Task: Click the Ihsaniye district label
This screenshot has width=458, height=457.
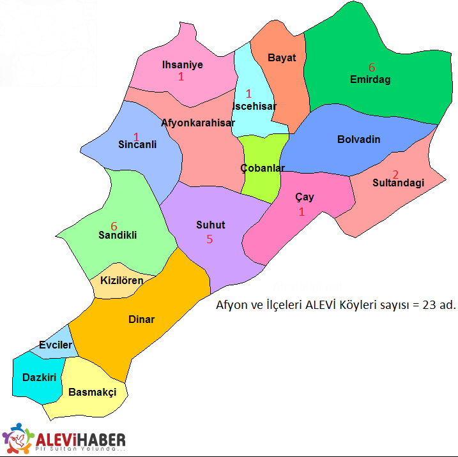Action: pyautogui.click(x=182, y=64)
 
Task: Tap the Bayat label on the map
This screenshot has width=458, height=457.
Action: pyautogui.click(x=282, y=57)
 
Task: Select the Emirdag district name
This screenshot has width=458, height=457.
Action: pyautogui.click(x=370, y=80)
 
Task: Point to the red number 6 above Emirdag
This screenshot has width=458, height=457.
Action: pyautogui.click(x=372, y=67)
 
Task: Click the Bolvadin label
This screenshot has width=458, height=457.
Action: pyautogui.click(x=358, y=139)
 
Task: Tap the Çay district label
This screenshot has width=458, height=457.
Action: pyautogui.click(x=305, y=197)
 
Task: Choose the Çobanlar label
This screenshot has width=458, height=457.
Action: pyautogui.click(x=263, y=168)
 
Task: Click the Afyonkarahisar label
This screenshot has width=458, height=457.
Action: pyautogui.click(x=198, y=123)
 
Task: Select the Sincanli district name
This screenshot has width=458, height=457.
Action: pyautogui.click(x=137, y=145)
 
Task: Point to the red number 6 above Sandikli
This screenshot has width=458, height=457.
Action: pyautogui.click(x=114, y=226)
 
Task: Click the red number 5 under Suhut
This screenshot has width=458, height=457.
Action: pyautogui.click(x=209, y=239)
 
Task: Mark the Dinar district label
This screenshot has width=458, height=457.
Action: pyautogui.click(x=141, y=319)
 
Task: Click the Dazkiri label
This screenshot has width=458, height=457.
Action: pyautogui.click(x=36, y=377)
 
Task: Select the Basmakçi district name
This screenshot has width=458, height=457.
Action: pyautogui.click(x=92, y=392)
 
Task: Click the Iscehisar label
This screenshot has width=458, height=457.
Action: pyautogui.click(x=255, y=106)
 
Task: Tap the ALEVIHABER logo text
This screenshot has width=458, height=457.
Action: pyautogui.click(x=80, y=439)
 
